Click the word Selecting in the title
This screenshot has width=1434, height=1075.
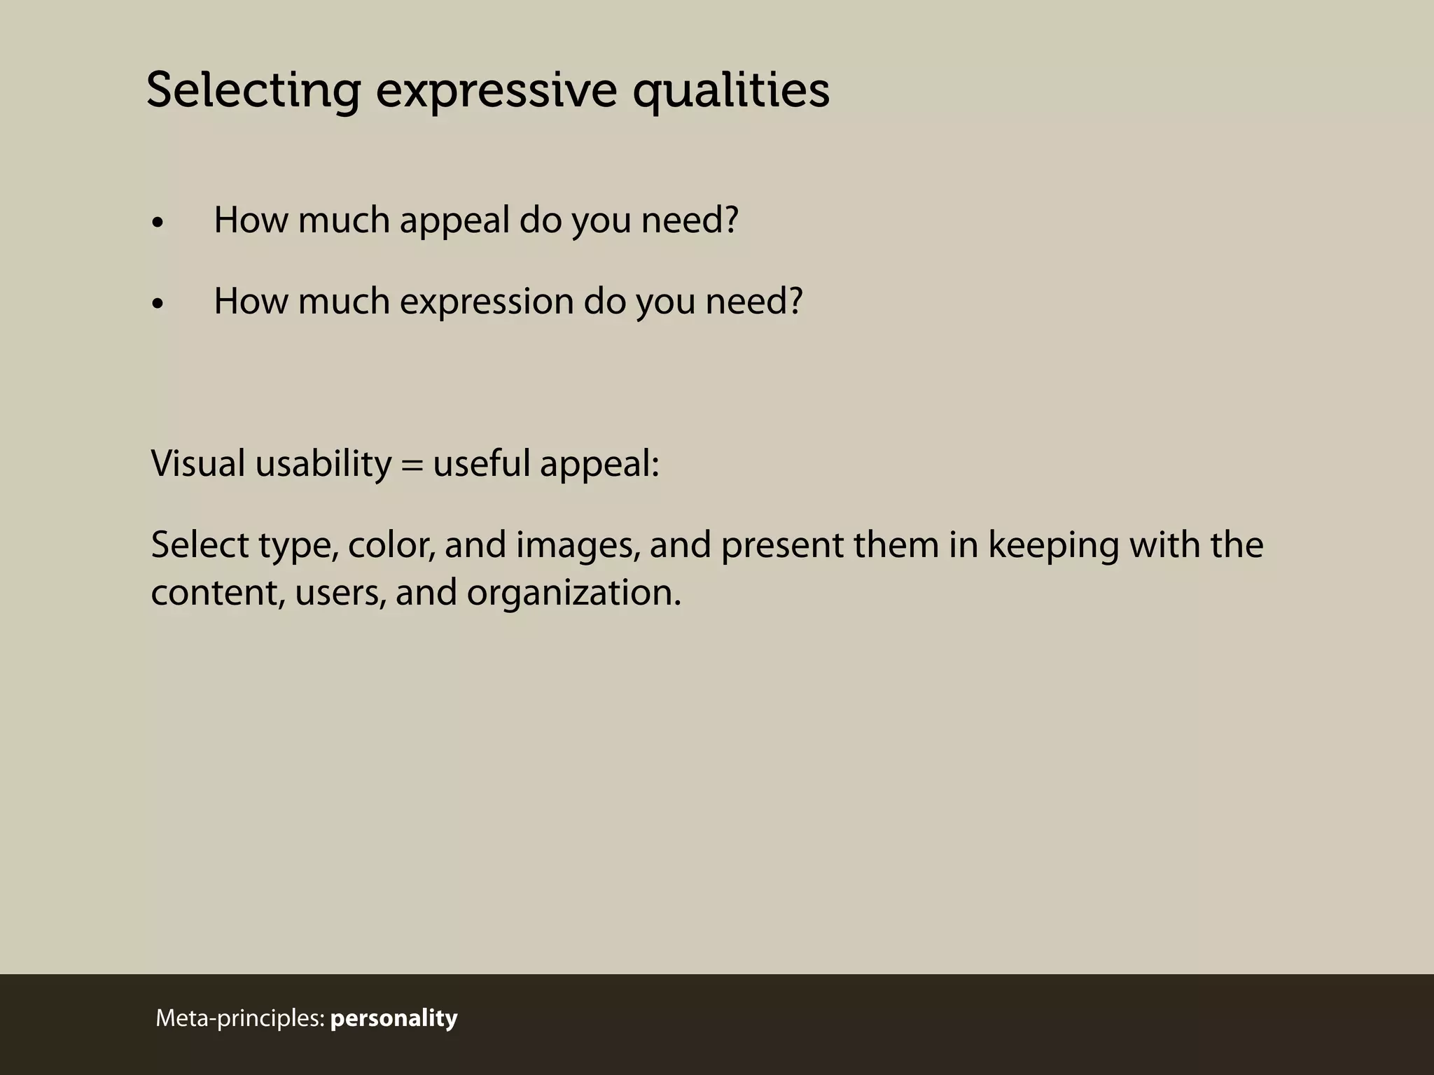coord(253,91)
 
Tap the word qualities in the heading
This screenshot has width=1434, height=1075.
coord(731,91)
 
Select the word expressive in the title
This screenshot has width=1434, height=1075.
coord(496,91)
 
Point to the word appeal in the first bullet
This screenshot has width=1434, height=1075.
coord(454,221)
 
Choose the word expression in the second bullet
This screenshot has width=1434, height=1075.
coord(487,302)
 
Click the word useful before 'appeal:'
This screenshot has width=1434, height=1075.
coord(482,463)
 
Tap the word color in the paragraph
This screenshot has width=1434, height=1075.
coord(391,545)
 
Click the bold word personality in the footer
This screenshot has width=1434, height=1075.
coord(394,1018)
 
